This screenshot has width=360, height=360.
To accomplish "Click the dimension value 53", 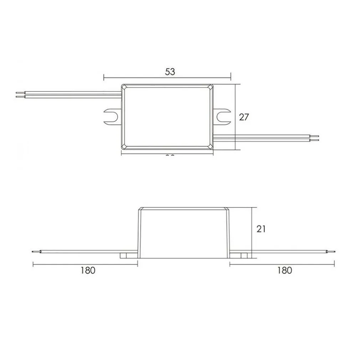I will [x=170, y=71].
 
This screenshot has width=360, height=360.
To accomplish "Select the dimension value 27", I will [x=243, y=117].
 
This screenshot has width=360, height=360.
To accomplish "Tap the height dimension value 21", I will [x=261, y=228].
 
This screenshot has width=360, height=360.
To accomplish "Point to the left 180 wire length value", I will [x=88, y=270].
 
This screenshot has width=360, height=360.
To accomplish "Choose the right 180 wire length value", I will [x=284, y=270].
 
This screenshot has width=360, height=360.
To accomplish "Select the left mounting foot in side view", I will [x=128, y=256].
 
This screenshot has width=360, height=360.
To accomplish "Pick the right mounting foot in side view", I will [x=240, y=256].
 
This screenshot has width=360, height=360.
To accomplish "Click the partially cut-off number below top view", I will [x=170, y=156].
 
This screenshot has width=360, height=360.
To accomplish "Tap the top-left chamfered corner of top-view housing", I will [x=124, y=87].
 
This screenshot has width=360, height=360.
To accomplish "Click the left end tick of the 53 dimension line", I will [x=104, y=77].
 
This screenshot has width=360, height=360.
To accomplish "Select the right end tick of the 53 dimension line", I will [x=231, y=77].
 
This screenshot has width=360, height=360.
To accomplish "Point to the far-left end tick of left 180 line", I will [x=33, y=264].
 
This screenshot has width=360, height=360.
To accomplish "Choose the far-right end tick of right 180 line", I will [x=334, y=264].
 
